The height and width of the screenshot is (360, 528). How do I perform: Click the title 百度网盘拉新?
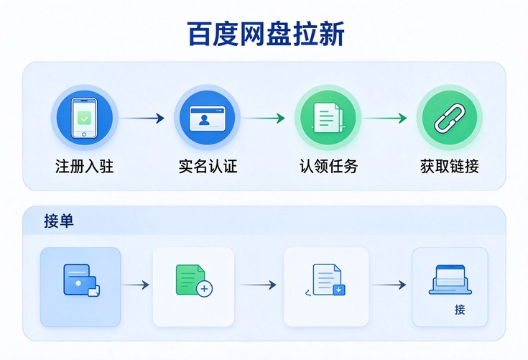click(x=266, y=34)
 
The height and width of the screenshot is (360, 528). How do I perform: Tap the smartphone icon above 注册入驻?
click(x=84, y=118)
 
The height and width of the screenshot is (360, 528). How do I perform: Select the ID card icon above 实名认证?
click(x=207, y=119)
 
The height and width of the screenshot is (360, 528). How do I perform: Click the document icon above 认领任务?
click(x=328, y=118)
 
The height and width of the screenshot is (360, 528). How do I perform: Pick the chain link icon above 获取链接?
click(x=450, y=118)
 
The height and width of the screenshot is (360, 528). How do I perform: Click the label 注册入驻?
click(x=85, y=166)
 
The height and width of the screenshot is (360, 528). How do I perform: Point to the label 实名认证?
click(x=208, y=166)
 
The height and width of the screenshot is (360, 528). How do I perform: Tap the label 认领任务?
click(x=328, y=166)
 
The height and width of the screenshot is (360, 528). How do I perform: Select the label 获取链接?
click(x=450, y=166)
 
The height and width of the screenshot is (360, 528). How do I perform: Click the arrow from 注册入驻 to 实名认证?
click(x=142, y=119)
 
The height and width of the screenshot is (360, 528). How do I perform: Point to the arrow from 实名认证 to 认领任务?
click(x=263, y=119)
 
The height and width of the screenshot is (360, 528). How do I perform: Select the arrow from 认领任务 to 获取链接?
click(x=384, y=119)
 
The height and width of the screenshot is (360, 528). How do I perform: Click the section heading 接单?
click(x=59, y=221)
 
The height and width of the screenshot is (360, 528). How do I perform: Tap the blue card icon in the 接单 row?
click(x=81, y=280)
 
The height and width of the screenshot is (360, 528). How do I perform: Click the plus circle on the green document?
click(x=205, y=289)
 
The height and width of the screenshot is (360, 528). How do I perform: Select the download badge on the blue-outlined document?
click(x=339, y=290)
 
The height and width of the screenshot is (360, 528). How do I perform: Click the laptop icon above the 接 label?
click(x=450, y=280)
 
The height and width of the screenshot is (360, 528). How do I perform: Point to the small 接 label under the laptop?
click(x=460, y=310)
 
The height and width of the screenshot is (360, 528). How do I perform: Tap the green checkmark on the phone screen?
click(x=84, y=119)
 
